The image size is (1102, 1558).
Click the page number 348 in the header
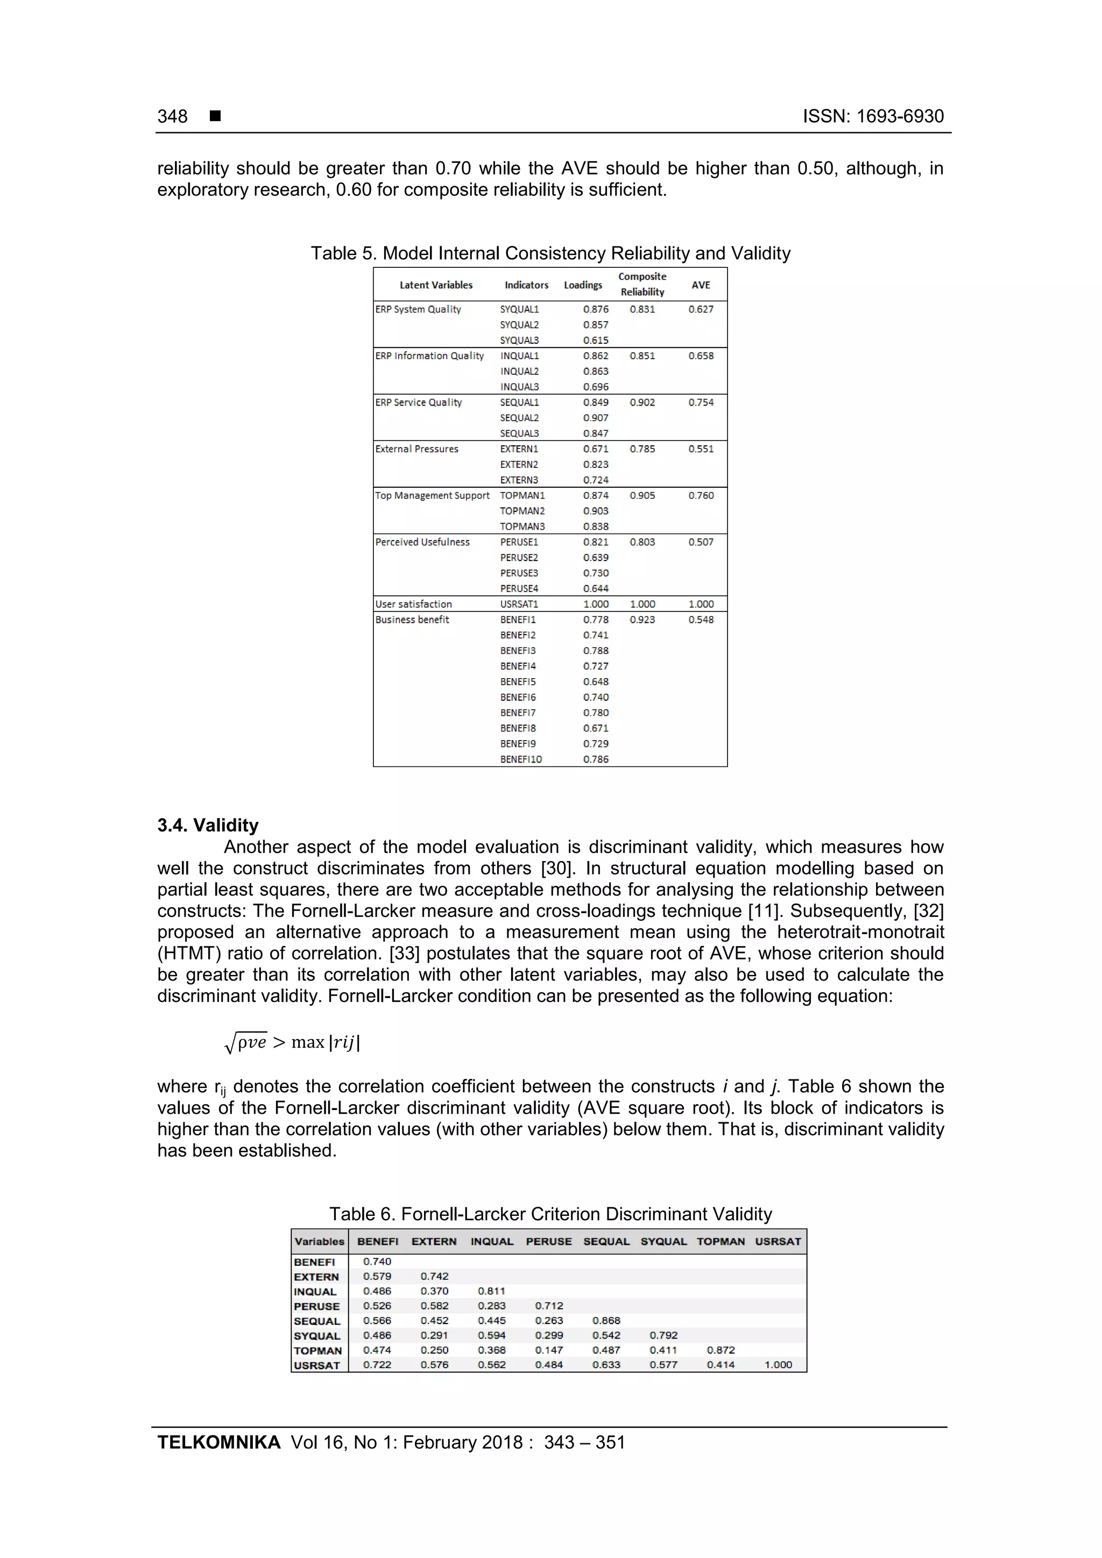click(x=173, y=117)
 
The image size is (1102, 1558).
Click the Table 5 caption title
click(x=550, y=253)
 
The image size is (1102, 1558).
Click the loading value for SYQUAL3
click(x=596, y=340)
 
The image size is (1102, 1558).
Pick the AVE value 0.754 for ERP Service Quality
click(x=701, y=402)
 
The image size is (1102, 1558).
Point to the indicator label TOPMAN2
click(x=522, y=511)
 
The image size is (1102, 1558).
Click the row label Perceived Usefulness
click(x=422, y=542)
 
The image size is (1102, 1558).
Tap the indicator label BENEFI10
click(x=521, y=759)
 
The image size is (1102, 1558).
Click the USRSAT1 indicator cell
click(x=519, y=604)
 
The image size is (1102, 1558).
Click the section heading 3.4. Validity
click(x=208, y=825)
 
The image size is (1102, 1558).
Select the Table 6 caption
click(x=550, y=1214)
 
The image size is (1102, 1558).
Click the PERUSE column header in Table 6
click(x=549, y=1241)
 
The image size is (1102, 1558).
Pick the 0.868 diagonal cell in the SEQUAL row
click(x=606, y=1320)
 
